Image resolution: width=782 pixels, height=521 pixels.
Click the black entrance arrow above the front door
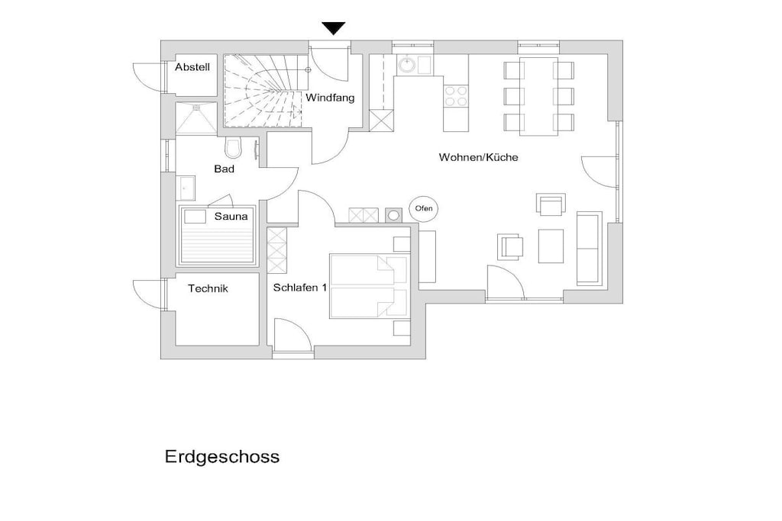coord(333,28)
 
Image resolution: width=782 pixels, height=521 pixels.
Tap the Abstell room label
coord(192,67)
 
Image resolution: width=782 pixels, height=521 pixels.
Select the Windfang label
coord(330,98)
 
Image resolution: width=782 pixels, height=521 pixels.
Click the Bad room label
coord(225,169)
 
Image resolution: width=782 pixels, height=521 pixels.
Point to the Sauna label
coord(231,216)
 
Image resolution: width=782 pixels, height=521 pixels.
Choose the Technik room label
coord(208,288)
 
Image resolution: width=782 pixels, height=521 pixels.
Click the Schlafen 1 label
coord(300,288)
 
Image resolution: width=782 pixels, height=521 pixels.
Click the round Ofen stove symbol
coord(424,208)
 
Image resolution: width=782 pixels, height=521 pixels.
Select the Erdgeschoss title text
coord(222,456)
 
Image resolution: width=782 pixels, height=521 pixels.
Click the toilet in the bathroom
coord(233,146)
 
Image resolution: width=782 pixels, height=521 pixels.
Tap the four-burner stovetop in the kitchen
coord(456,96)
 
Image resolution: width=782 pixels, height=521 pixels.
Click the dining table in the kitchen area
coord(538,96)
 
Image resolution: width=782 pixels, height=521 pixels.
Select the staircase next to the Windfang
coord(263,90)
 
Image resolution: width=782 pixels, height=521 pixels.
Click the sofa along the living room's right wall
coord(589,249)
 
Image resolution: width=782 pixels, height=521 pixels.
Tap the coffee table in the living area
coord(551,246)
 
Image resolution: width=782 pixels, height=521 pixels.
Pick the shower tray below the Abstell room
coord(196,118)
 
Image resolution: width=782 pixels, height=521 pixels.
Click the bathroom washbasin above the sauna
coord(186,188)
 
